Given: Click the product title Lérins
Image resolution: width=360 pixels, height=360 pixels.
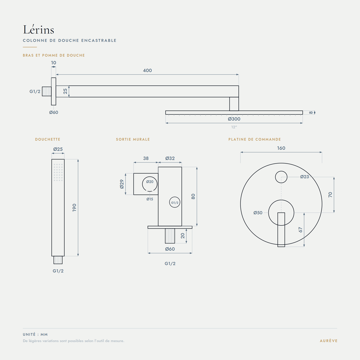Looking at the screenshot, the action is pos(39,30).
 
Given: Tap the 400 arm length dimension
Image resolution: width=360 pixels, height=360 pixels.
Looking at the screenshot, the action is pos(147,70).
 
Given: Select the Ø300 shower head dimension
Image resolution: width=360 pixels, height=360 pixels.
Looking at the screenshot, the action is pos(234,119).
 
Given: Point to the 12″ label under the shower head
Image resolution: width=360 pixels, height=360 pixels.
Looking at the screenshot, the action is pos(234,127).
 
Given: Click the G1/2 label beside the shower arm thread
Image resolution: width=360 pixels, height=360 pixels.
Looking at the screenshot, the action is pos(35,91).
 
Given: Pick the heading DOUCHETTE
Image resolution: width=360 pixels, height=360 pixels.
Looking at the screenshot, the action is pos(48,139).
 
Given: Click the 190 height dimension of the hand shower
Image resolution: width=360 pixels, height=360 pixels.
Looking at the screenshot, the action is pos(74,207).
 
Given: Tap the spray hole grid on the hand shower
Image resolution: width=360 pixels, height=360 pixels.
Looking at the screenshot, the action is pos(58,172).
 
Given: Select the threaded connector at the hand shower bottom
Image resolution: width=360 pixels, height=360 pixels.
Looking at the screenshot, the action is pos(58,260).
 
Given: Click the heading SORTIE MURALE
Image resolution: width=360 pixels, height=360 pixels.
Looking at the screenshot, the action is pos(133,139).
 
